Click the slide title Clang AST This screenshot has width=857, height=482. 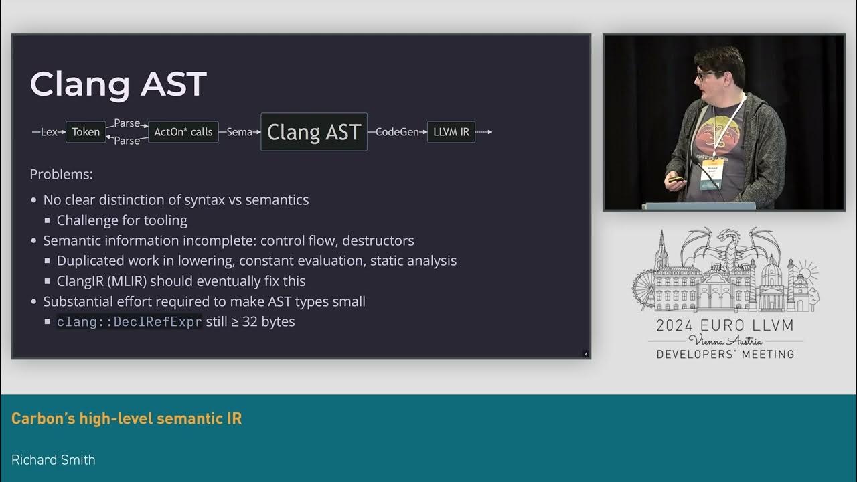pyautogui.click(x=118, y=85)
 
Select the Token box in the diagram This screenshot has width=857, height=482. pyautogui.click(x=86, y=132)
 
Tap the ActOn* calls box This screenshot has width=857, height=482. pyautogui.click(x=183, y=132)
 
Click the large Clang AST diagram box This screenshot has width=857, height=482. pyautogui.click(x=313, y=132)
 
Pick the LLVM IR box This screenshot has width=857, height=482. pyautogui.click(x=451, y=132)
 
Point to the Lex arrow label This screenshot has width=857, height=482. pyautogui.click(x=49, y=132)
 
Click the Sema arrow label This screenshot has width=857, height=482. pyautogui.click(x=239, y=132)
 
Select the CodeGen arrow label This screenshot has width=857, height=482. pyautogui.click(x=397, y=132)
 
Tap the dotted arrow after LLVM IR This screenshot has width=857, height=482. pyautogui.click(x=484, y=132)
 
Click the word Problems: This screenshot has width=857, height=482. pyautogui.click(x=61, y=175)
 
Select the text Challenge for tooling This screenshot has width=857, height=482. pyautogui.click(x=122, y=220)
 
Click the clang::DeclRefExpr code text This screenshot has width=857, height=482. pyautogui.click(x=129, y=322)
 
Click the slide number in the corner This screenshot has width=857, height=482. pyautogui.click(x=586, y=354)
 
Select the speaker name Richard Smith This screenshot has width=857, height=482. pyautogui.click(x=54, y=459)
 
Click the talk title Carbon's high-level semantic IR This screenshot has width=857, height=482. pyautogui.click(x=127, y=419)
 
